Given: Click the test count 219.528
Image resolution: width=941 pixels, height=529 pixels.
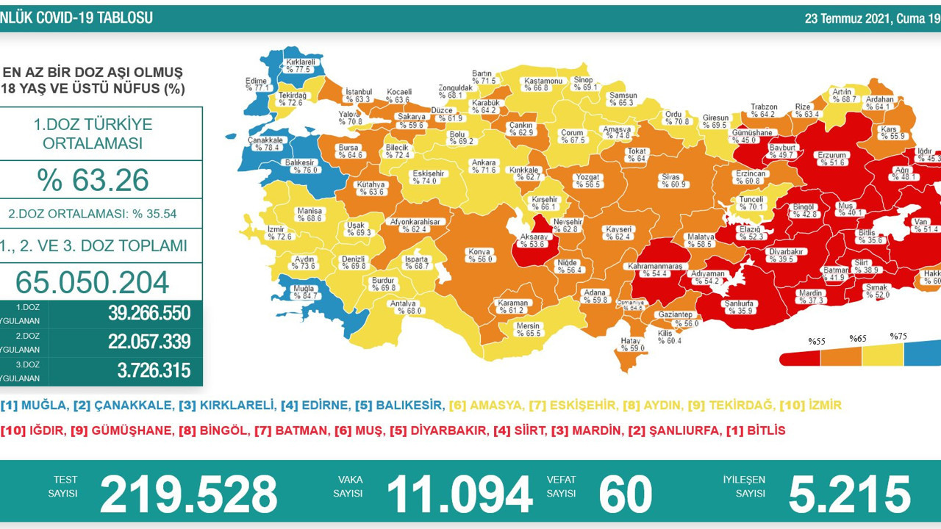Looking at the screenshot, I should pyautogui.click(x=188, y=493).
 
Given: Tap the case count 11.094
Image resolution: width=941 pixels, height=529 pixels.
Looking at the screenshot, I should pyautogui.click(x=459, y=493).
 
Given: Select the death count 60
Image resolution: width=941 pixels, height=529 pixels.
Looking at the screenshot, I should pyautogui.click(x=625, y=493).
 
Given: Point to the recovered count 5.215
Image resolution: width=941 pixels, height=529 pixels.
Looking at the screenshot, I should pyautogui.click(x=849, y=493).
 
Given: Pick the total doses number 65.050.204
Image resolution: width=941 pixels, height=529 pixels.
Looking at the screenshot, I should pyautogui.click(x=92, y=282).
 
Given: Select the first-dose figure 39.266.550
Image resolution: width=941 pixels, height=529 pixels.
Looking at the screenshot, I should pyautogui.click(x=149, y=314).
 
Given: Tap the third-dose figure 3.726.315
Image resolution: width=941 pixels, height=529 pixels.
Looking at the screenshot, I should pyautogui.click(x=154, y=371).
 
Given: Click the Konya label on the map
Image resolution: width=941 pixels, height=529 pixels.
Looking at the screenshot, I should pyautogui.click(x=479, y=252).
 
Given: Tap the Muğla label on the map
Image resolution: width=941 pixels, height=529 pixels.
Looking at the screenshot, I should pyautogui.click(x=304, y=289).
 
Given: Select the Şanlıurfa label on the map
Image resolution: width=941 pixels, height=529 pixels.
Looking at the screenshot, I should pyautogui.click(x=742, y=303).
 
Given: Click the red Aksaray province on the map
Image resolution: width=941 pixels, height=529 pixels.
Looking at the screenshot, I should pyautogui.click(x=532, y=246).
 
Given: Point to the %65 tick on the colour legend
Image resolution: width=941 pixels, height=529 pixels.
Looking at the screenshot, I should pyautogui.click(x=858, y=339).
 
